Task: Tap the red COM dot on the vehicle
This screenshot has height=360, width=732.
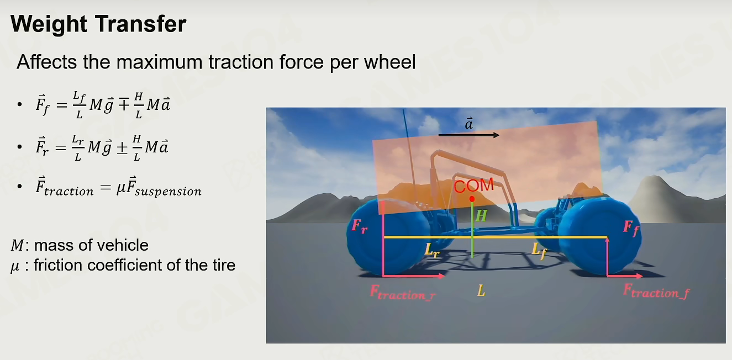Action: tap(472, 199)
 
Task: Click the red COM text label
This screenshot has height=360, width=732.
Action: tap(473, 186)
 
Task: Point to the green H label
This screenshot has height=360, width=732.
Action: tap(482, 215)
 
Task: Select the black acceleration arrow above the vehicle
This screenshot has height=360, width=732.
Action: tap(469, 135)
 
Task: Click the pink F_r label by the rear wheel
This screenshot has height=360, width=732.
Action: tap(359, 226)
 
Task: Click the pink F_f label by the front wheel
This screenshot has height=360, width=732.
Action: tap(631, 227)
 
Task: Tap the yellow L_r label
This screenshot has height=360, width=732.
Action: tap(432, 251)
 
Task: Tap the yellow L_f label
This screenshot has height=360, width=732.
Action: tap(539, 251)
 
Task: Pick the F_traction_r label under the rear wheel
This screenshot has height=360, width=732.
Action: tap(403, 293)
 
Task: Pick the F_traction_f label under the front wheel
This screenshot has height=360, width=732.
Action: tap(656, 291)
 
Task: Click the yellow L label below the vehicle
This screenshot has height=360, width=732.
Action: tap(481, 290)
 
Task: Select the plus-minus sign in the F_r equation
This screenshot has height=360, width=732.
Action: tap(122, 148)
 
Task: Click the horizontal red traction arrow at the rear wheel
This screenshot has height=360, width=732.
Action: tap(414, 276)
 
